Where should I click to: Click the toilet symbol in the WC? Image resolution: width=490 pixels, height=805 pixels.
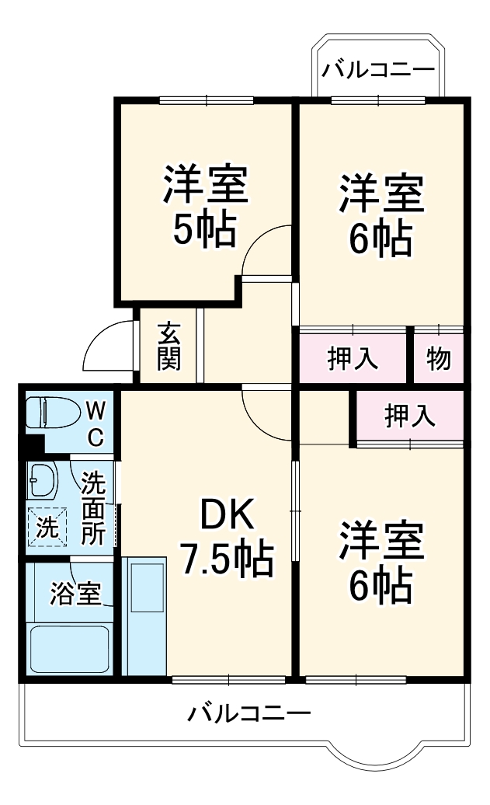pyautogui.click(x=53, y=413)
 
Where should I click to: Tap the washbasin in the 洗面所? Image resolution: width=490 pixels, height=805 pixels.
pyautogui.click(x=42, y=479)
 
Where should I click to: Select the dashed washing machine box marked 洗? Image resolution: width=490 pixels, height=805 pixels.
pyautogui.click(x=47, y=526)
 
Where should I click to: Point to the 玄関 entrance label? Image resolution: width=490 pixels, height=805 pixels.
pyautogui.click(x=169, y=346)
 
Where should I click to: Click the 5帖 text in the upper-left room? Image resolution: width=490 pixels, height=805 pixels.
pyautogui.click(x=205, y=229)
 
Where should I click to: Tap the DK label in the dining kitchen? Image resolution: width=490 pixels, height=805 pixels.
pyautogui.click(x=226, y=515)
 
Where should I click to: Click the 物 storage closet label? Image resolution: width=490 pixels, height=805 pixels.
pyautogui.click(x=439, y=358)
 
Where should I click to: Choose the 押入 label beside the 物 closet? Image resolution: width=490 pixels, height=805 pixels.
pyautogui.click(x=353, y=358)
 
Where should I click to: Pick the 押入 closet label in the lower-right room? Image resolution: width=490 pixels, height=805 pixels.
pyautogui.click(x=410, y=416)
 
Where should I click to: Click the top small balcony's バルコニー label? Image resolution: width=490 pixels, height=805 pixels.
pyautogui.click(x=378, y=69)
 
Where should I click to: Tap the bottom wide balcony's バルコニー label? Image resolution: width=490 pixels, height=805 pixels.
pyautogui.click(x=248, y=713)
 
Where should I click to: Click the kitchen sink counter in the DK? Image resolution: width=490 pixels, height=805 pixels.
pyautogui.click(x=144, y=616)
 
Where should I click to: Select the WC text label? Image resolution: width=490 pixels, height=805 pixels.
pyautogui.click(x=96, y=423)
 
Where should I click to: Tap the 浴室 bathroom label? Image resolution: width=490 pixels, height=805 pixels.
pyautogui.click(x=75, y=594)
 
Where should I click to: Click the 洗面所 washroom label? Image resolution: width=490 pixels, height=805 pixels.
pyautogui.click(x=93, y=507)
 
